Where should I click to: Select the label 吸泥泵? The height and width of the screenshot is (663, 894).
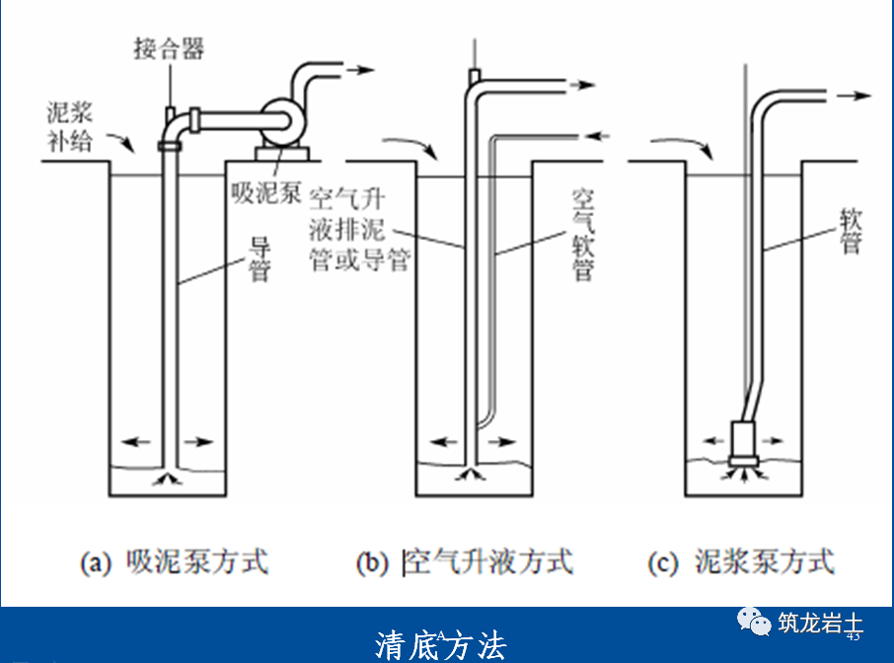pos(265,191)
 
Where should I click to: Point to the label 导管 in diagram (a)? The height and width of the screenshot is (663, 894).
pos(260,259)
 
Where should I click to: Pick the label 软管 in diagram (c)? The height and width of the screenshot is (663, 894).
pos(850,231)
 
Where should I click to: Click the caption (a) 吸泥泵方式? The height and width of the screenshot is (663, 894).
pos(173,562)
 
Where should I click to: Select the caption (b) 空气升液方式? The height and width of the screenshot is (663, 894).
pos(464,562)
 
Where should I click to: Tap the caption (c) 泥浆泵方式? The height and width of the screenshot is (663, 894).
pos(741,562)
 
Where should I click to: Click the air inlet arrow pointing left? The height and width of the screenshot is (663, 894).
pos(598,133)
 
